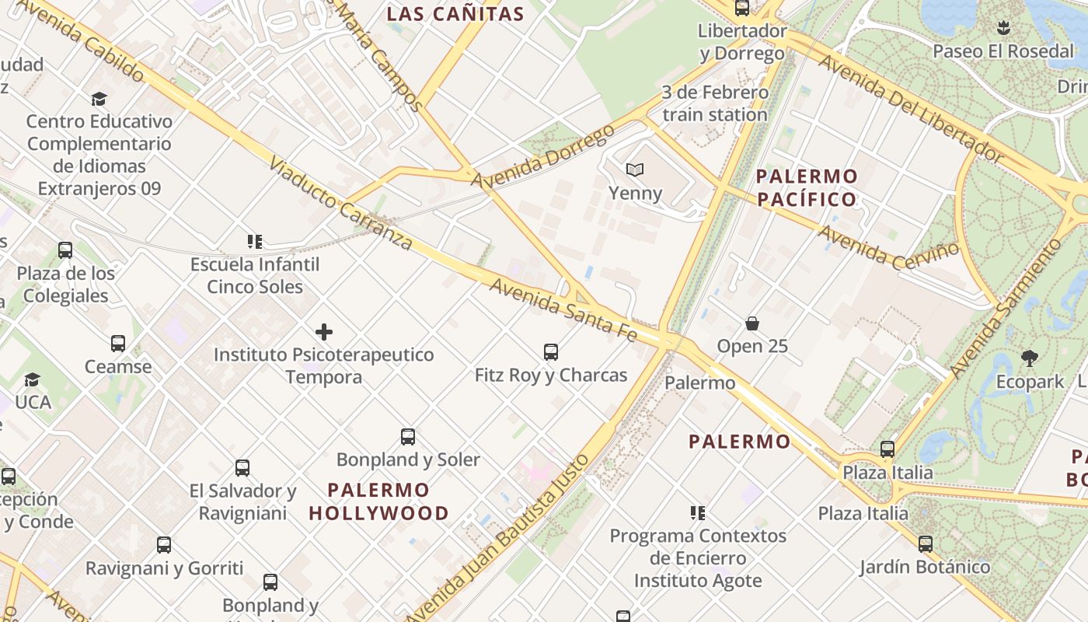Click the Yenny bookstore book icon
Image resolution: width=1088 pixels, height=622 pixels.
point(635,169)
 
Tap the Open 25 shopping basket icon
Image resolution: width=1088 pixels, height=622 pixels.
point(751,323)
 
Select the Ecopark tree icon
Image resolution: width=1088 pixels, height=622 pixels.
point(1030,358)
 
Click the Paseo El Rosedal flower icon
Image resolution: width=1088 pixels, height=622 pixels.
point(1003,29)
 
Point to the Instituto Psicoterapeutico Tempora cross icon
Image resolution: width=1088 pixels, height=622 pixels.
point(324,332)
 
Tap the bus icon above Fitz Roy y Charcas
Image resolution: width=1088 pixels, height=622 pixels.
point(551,352)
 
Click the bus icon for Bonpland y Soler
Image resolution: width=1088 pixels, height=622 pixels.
point(408,437)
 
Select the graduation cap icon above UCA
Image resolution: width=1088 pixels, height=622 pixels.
point(32,379)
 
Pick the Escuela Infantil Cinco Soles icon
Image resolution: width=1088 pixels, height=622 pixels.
point(254,242)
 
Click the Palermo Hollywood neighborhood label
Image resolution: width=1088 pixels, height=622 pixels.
point(378,501)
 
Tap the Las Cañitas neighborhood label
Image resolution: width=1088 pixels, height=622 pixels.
point(455,14)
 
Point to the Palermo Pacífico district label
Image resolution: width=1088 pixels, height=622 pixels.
point(807,187)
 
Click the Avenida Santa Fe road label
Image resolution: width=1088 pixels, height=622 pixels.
point(563,310)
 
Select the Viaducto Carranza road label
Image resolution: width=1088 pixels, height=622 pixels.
point(341,203)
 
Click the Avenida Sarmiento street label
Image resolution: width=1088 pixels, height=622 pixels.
point(1006,309)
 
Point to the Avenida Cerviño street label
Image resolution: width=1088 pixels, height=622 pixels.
point(888,243)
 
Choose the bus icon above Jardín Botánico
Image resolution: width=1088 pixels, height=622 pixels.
point(925,544)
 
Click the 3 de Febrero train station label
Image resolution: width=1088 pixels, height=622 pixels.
point(715,103)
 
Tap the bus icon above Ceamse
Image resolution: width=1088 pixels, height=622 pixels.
point(118,344)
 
